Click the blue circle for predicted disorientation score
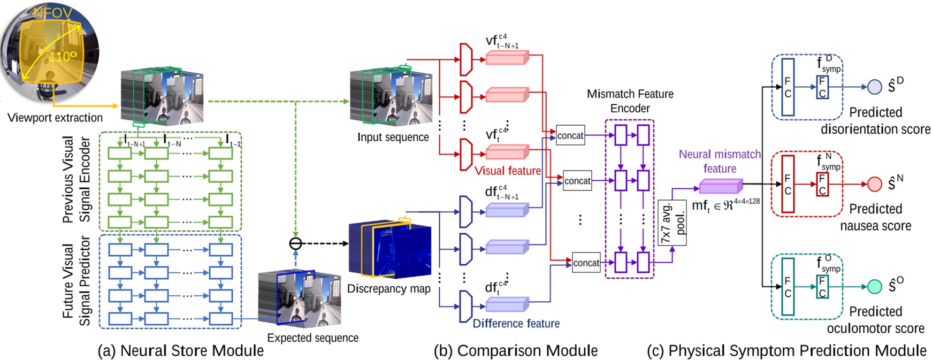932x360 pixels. click(x=874, y=87)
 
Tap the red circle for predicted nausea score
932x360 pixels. click(x=874, y=184)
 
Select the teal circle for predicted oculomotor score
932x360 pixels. click(x=874, y=286)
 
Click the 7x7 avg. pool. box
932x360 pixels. click(x=672, y=223)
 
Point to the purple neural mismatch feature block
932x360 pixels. click(x=720, y=187)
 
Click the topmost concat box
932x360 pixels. click(x=570, y=136)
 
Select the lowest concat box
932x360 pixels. click(x=586, y=263)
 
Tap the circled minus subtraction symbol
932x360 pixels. click(x=295, y=243)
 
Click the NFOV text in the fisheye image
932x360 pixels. click(x=52, y=13)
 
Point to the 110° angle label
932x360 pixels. click(x=63, y=57)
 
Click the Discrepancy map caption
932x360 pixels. click(x=388, y=289)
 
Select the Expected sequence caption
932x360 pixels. click(x=312, y=338)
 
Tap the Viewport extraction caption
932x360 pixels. click(x=55, y=118)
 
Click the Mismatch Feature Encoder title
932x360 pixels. click(x=630, y=101)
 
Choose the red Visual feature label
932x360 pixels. click(x=508, y=171)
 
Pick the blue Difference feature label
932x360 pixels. click(x=516, y=324)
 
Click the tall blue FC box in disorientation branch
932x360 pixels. click(x=788, y=87)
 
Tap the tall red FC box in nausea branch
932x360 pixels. click(x=788, y=184)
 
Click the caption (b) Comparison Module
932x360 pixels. click(x=515, y=351)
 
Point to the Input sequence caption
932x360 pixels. click(x=393, y=137)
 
